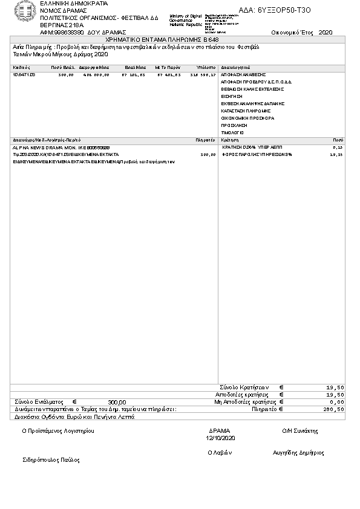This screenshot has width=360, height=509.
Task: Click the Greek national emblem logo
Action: point(25,11)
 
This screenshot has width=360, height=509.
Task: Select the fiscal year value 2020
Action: point(325,32)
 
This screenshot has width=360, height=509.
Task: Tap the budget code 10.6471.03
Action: point(24,74)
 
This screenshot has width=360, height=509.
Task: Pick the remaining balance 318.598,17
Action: point(203,74)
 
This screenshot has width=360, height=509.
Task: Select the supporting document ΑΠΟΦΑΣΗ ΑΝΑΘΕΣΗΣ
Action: point(244,74)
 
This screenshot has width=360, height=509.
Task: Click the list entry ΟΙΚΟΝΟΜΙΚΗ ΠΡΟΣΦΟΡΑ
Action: point(248,118)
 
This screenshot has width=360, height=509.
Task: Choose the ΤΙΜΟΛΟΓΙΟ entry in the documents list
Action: point(233,132)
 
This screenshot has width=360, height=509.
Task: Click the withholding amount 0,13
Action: point(338,148)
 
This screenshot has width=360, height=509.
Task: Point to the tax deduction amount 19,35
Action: point(336,155)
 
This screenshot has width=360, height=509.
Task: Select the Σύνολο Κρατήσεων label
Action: point(243,387)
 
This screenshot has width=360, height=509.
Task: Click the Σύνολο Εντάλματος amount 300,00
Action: point(117,402)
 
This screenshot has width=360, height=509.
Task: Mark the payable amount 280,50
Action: point(335,409)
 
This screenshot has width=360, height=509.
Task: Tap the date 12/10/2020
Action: point(220,438)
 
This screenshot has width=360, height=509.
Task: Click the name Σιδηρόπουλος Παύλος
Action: point(51,460)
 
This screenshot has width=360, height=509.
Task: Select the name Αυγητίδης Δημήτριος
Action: point(298,453)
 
